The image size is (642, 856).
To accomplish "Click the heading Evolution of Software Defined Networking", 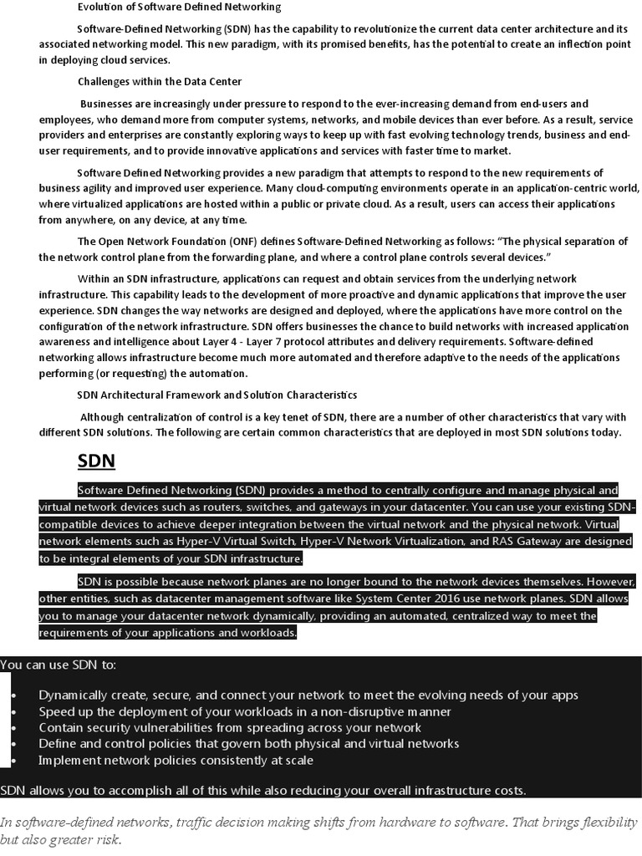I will point(179,7).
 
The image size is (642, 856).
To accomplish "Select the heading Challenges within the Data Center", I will point(160,81).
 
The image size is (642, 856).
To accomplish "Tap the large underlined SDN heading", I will point(96,461).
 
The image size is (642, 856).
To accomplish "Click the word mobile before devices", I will point(384,120).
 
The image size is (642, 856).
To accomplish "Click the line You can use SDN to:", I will point(59,665).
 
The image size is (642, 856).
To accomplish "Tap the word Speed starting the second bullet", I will point(56,711).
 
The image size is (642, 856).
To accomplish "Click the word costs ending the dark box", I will point(507,791).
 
